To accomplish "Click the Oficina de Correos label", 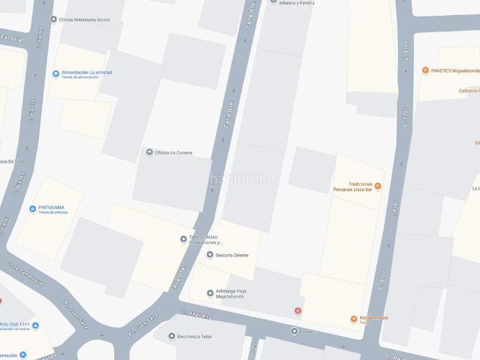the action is tap(174, 153).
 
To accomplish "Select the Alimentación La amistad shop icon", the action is tap(55, 73).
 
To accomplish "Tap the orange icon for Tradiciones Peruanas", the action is tap(378, 186).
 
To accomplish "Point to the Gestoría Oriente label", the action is tap(232, 255).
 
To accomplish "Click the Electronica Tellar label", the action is tap(194, 337).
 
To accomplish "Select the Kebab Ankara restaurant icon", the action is tap(353, 319).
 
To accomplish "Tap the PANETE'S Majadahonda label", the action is tap(455, 70).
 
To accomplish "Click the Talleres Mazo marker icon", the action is tap(184, 239).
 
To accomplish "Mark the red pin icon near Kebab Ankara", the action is tap(298, 310).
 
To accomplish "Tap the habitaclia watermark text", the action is tap(240, 178).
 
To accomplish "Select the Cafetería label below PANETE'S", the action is tap(469, 91).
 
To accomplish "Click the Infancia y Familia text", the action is tap(296, 3).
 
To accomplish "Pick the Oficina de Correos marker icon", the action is tap(149, 153).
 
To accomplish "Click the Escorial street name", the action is tap(12, 38).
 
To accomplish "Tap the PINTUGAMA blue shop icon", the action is tap(32, 209).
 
